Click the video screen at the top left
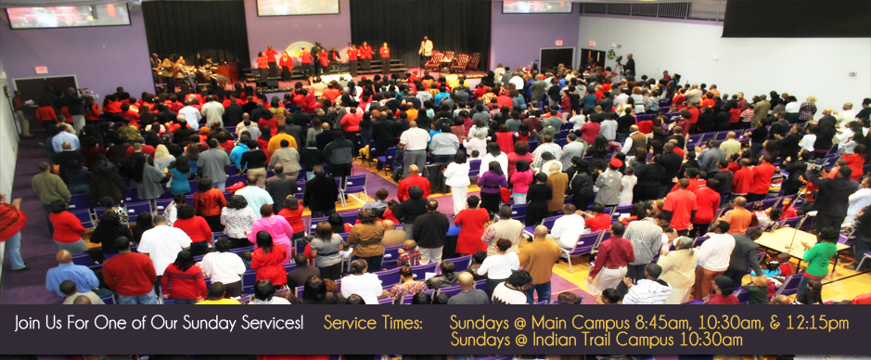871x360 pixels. click(x=68, y=15)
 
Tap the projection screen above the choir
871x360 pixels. click(x=298, y=6)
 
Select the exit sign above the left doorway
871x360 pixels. click(x=41, y=70)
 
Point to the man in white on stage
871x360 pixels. click(x=426, y=49)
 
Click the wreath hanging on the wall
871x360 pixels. click(x=611, y=55)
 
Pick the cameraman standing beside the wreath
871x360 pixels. click(x=629, y=65)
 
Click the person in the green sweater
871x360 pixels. click(x=818, y=254)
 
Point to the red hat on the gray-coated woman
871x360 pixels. click(x=616, y=162)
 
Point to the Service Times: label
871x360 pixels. click(x=373, y=322)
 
